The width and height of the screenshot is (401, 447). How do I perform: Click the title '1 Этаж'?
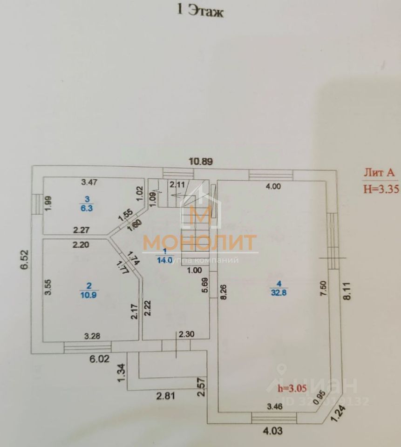201,12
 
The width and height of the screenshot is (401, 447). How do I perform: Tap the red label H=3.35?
381,189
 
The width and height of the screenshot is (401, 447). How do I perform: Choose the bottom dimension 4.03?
273,431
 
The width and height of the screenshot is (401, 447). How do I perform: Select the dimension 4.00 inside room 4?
273,187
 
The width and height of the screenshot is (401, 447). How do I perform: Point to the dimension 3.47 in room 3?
89,181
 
